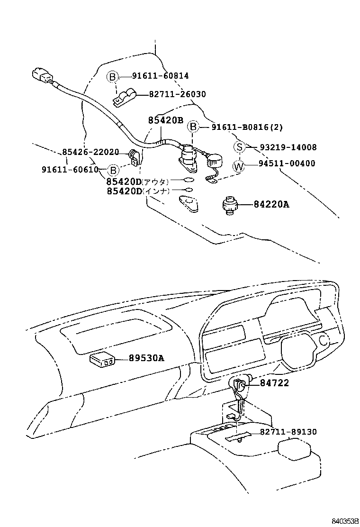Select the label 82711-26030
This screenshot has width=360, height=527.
click(177, 94)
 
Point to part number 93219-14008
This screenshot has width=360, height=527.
click(288, 147)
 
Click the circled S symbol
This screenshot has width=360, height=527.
click(240, 147)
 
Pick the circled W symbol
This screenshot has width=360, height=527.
click(240, 166)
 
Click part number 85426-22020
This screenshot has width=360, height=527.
click(90, 152)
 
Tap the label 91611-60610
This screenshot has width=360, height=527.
click(70, 170)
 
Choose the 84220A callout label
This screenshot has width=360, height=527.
click(271, 204)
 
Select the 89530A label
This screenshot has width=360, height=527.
click(146, 358)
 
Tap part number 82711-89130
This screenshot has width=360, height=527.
click(288, 432)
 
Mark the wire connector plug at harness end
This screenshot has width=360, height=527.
click(42, 76)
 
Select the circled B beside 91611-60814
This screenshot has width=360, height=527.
click(111, 76)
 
